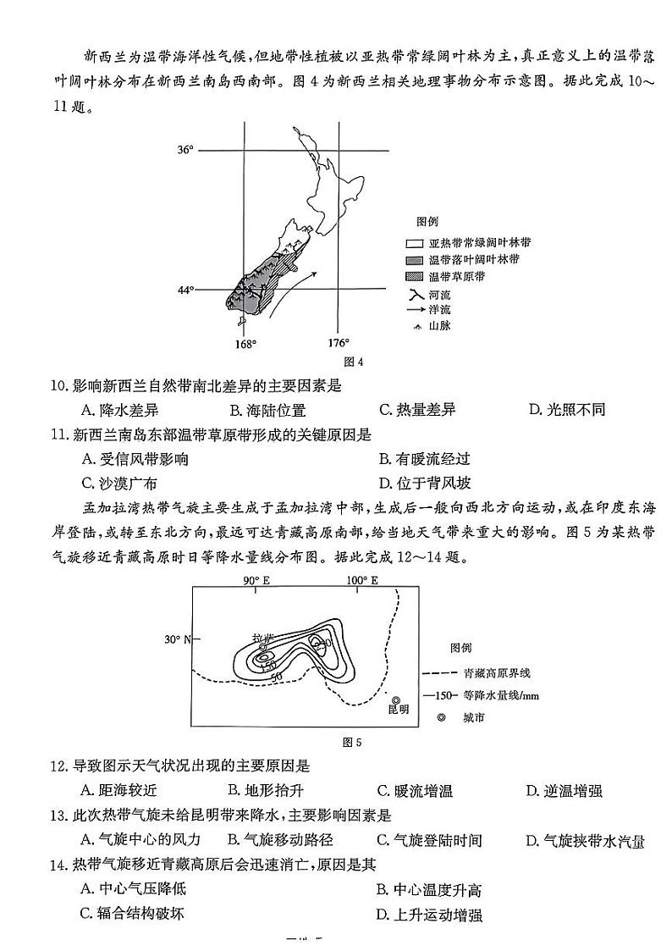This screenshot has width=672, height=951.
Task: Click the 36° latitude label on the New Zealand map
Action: point(185,150)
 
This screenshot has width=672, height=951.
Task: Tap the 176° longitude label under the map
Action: point(338,343)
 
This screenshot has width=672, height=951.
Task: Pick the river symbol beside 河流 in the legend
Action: point(414,295)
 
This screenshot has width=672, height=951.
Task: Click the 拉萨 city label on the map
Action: point(262,636)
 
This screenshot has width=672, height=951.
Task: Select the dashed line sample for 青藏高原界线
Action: point(433,674)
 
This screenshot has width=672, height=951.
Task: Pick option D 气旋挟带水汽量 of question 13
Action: point(585,841)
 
